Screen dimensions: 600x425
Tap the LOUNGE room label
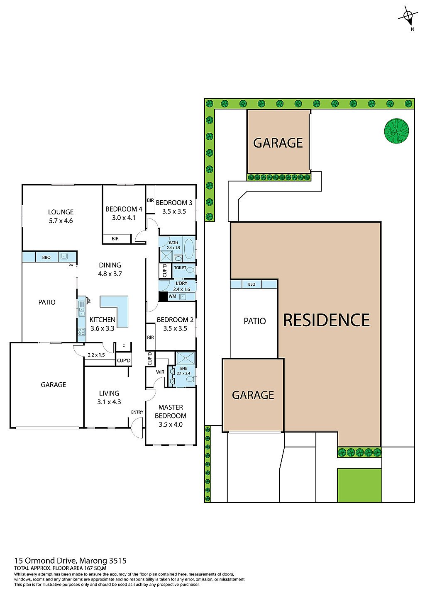[61, 212]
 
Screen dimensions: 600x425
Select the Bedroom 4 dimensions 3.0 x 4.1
[124, 218]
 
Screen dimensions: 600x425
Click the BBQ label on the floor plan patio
[46, 257]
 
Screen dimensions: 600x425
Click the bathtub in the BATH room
[189, 248]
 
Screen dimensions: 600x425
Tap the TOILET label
[180, 268]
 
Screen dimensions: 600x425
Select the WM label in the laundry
[172, 296]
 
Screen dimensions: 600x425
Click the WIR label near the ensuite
[160, 372]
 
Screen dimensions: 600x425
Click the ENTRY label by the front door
[137, 412]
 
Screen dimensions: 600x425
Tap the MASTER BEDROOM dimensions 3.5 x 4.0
[170, 424]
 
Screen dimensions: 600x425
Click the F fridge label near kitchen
[123, 346]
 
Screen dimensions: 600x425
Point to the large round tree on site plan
[396, 131]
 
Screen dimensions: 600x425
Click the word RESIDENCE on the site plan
[326, 320]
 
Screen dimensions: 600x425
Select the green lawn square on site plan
[359, 485]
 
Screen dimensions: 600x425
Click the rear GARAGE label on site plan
[278, 143]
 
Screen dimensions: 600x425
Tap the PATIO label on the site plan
[254, 321]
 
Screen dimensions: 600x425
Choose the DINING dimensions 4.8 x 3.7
[110, 274]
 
